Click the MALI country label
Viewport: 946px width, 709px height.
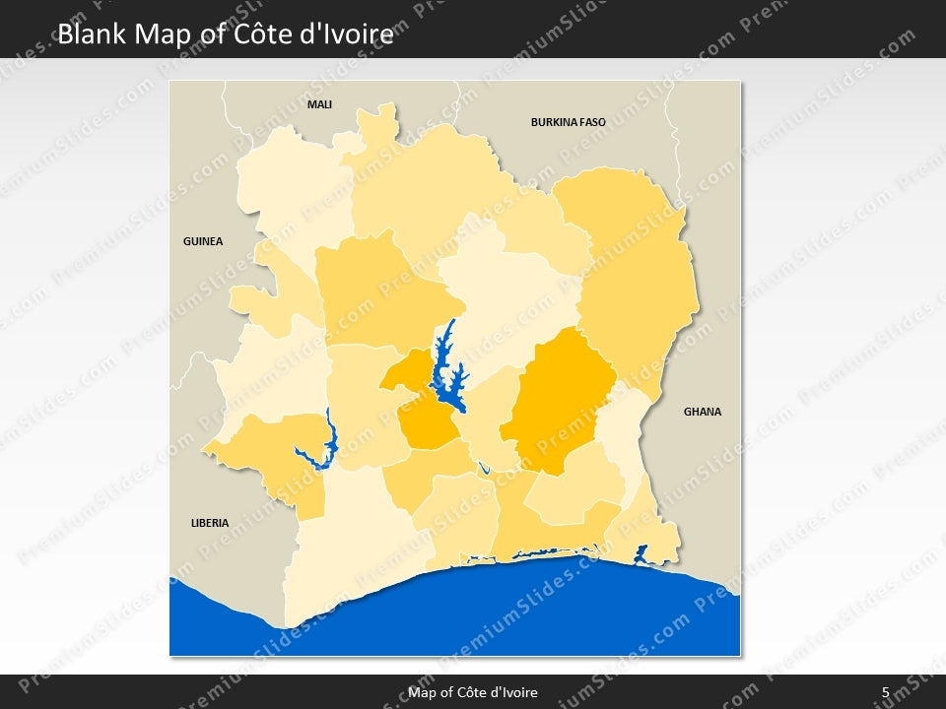pyautogui.click(x=319, y=103)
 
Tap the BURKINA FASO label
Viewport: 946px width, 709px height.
pyautogui.click(x=568, y=123)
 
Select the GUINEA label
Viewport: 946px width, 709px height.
pyautogui.click(x=203, y=241)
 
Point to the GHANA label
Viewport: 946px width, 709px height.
pyautogui.click(x=703, y=412)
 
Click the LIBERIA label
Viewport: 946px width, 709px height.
pyautogui.click(x=210, y=523)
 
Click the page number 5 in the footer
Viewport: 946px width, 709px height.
pyautogui.click(x=885, y=692)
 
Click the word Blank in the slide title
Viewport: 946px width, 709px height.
pyautogui.click(x=93, y=34)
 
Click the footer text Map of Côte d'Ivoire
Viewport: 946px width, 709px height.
pyautogui.click(x=473, y=692)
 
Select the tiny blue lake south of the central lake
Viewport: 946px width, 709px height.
pyautogui.click(x=484, y=469)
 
